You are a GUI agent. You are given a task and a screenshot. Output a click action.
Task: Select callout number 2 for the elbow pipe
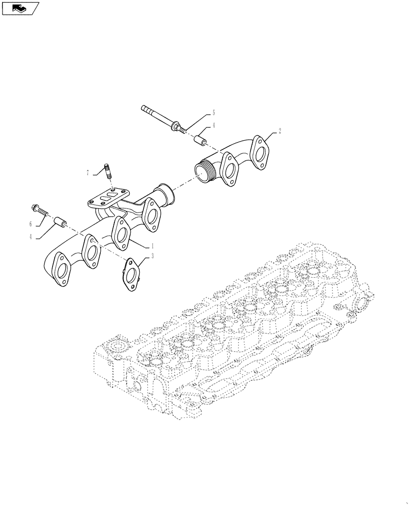coord(279,130)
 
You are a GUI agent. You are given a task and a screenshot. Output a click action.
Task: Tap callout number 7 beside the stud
coord(88,173)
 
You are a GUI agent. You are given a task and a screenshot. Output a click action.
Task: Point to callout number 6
coord(30,223)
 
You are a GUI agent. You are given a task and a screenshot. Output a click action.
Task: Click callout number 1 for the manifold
coord(151,245)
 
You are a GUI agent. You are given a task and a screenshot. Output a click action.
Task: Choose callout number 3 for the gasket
coord(152,257)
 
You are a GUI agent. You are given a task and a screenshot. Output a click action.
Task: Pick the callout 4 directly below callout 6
coord(30,236)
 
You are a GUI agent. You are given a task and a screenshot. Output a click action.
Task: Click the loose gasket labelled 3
coord(131,274)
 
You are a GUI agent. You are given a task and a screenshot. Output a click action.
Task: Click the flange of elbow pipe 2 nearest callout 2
coord(261,151)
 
